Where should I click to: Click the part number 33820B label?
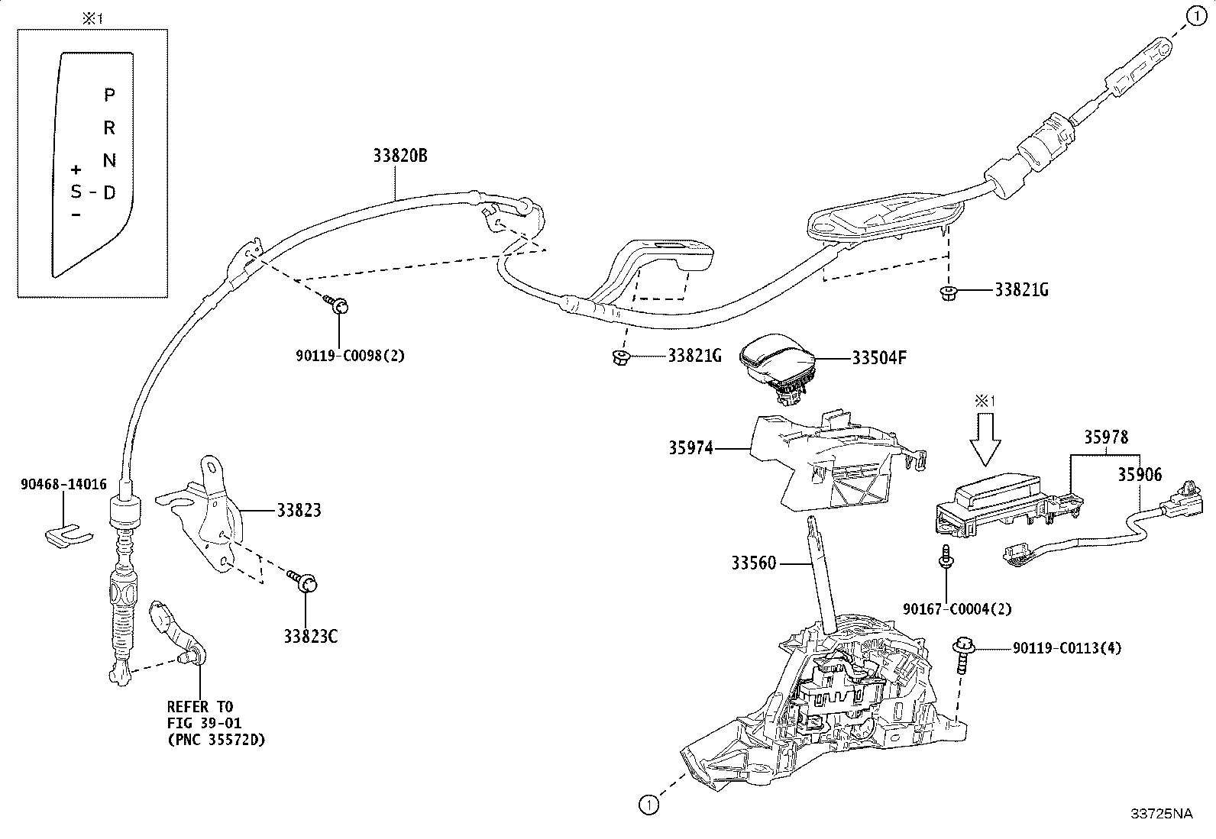click(x=400, y=156)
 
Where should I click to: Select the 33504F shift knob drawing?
click(x=778, y=368)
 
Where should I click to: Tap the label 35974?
click(x=690, y=447)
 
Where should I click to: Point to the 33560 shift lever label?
click(x=753, y=563)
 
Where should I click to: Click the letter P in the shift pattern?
click(x=109, y=95)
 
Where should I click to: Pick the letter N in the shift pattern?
click(x=109, y=160)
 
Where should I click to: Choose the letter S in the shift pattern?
click(x=76, y=191)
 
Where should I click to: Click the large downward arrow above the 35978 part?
click(x=985, y=440)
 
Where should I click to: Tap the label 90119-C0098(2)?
click(x=350, y=356)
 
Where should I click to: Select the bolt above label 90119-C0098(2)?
click(x=336, y=304)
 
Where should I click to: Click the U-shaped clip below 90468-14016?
click(x=69, y=536)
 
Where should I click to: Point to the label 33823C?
click(x=311, y=636)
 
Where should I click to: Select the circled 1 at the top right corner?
click(x=1197, y=16)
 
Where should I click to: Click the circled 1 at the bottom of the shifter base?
click(x=648, y=805)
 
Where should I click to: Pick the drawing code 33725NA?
click(x=1162, y=814)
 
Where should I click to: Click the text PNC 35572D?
click(x=217, y=740)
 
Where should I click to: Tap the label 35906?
click(x=1140, y=475)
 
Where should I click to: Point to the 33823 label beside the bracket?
click(x=299, y=510)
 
